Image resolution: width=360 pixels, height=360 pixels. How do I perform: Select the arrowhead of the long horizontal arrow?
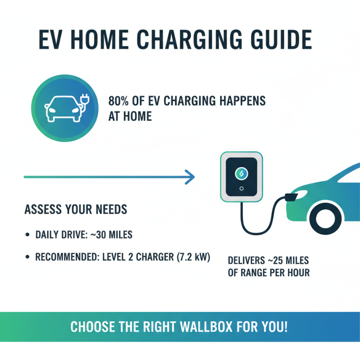[190, 177]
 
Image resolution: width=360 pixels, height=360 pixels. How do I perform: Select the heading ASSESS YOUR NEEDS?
[75, 209]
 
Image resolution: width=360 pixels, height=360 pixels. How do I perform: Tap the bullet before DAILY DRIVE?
[28, 235]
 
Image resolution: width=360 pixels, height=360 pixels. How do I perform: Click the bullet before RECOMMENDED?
[28, 258]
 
